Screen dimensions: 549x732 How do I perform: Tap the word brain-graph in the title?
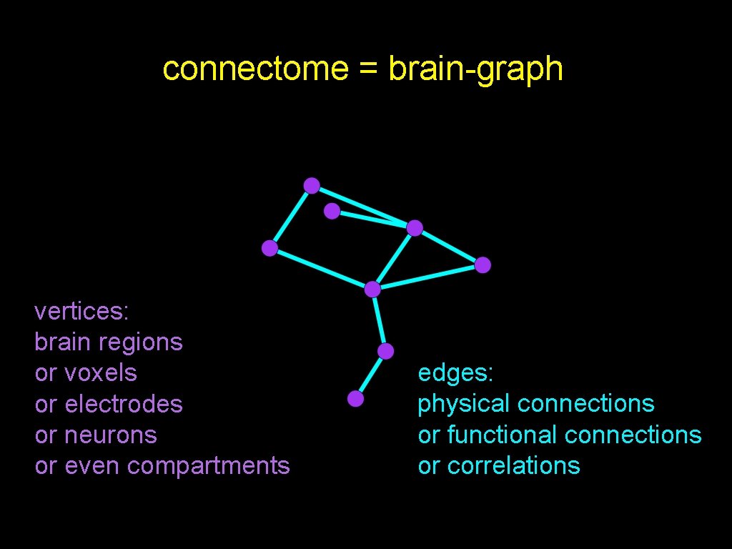click(475, 69)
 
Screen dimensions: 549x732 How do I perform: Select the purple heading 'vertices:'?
click(81, 312)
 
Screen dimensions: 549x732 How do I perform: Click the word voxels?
click(101, 373)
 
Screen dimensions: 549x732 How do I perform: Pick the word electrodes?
click(124, 404)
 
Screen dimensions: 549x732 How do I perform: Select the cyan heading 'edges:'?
click(455, 373)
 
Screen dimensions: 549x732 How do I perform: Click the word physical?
click(463, 404)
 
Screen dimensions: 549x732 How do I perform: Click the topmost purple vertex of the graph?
click(312, 186)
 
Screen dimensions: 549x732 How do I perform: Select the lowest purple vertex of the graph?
click(355, 399)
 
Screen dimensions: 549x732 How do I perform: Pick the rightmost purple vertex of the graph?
click(483, 265)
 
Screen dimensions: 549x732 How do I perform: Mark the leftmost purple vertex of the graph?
click(269, 248)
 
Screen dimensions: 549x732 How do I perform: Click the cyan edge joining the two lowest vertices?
click(370, 375)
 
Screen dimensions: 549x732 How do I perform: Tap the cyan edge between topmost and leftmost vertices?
click(290, 217)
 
